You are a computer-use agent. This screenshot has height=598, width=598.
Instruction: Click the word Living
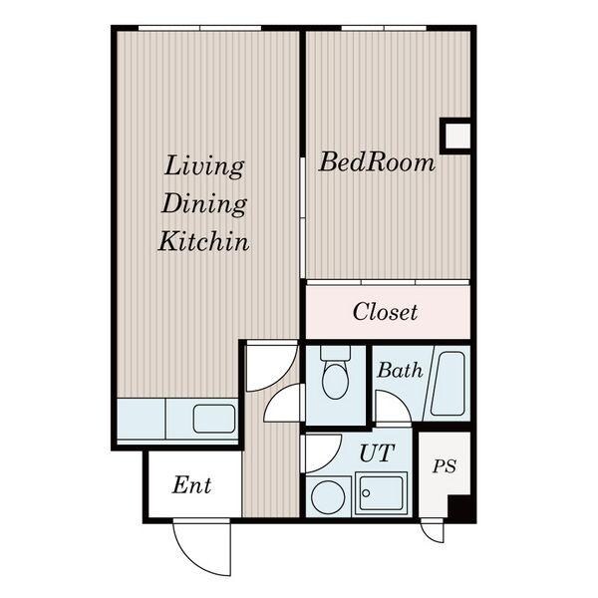204,165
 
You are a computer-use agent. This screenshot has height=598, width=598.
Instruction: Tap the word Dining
204,203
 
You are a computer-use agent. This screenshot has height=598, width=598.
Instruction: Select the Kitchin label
204,241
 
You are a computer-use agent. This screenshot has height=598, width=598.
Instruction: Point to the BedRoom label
377,162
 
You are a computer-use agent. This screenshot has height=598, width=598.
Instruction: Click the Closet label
385,312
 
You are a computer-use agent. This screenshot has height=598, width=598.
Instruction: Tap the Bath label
400,370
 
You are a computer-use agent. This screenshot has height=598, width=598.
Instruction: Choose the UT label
377,452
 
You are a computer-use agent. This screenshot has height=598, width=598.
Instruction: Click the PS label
445,466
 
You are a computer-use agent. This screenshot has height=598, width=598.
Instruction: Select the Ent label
191,485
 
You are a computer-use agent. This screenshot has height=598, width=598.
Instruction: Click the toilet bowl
335,381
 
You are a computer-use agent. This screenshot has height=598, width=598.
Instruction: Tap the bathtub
448,384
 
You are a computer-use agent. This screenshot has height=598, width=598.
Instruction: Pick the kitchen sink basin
214,419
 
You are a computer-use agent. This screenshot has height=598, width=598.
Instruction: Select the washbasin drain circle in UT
366,493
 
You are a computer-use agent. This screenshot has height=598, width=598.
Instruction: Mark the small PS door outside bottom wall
433,531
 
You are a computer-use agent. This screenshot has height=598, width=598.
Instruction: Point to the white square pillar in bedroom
457,136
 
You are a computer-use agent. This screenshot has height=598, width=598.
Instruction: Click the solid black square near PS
461,509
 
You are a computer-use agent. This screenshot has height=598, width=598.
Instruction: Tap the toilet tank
335,353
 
